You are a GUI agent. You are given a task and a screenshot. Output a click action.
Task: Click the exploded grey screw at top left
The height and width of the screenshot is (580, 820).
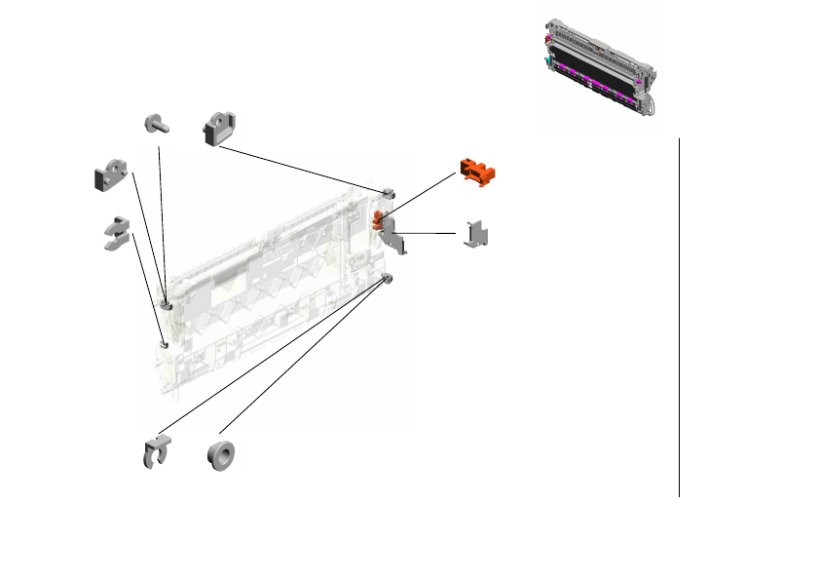coord(156,123)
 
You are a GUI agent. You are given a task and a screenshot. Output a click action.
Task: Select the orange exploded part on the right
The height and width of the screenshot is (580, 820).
coord(477,170)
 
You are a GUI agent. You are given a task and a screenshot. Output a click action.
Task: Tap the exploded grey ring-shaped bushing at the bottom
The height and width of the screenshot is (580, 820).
coord(221,455)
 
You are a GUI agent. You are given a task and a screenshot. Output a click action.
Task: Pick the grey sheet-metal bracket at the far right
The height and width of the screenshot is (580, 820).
coord(478,234)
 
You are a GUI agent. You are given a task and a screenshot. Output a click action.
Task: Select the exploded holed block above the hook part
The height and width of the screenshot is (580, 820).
coord(112,174)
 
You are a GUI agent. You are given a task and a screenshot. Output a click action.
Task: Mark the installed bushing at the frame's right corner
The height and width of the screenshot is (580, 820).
coord(388,281)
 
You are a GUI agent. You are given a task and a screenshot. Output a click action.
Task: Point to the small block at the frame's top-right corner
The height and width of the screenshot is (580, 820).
coord(388,192)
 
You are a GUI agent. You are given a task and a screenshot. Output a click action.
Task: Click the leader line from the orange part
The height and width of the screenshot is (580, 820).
coord(419,195)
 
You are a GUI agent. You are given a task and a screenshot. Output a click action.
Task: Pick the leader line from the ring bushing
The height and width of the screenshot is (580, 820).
coord(302,356)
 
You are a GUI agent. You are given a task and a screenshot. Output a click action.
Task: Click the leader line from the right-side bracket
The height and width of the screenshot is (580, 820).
coord(429,233)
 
